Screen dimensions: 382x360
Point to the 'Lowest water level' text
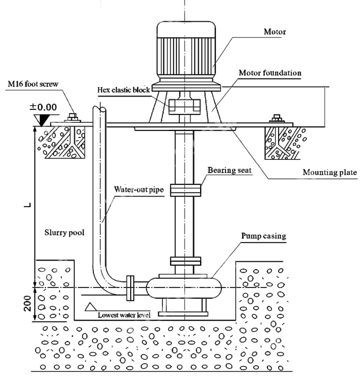tap(124, 315)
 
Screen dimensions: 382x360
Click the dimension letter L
tap(26, 204)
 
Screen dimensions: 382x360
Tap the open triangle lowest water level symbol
tap(91, 307)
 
